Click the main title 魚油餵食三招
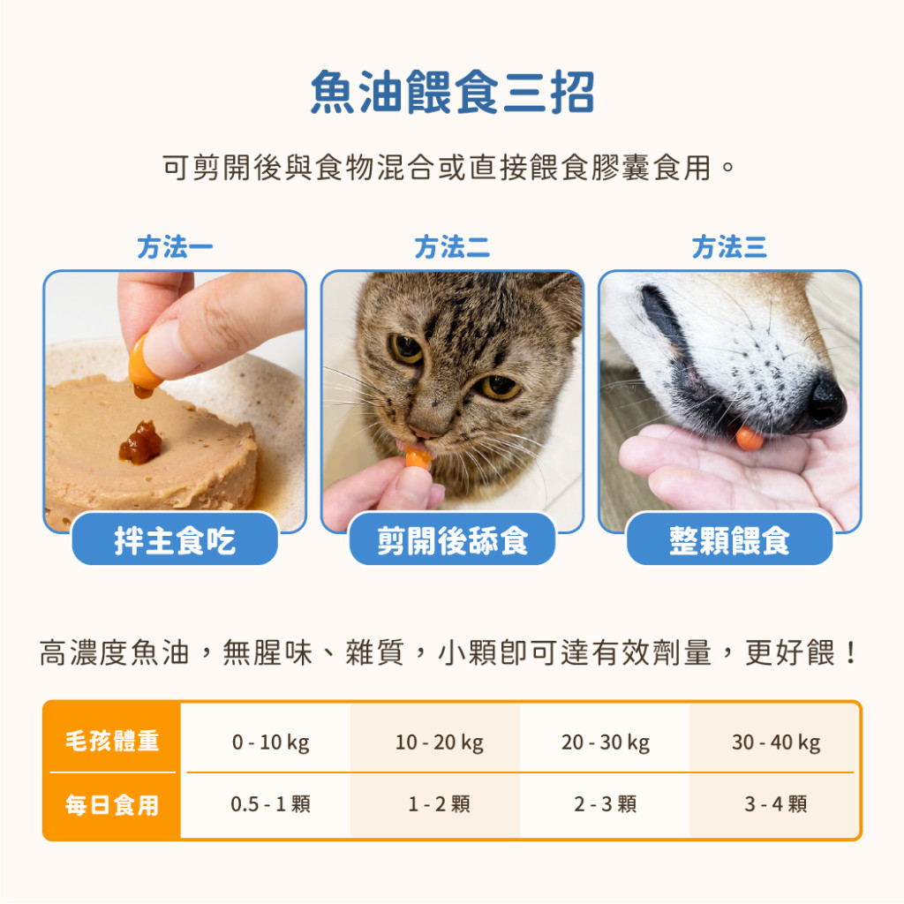(x=452, y=92)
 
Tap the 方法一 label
(x=175, y=247)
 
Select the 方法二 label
(x=452, y=247)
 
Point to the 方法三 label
(x=729, y=247)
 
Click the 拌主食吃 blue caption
(x=175, y=539)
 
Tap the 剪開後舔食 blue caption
(x=453, y=539)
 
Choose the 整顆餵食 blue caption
(x=729, y=539)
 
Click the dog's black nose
(x=825, y=402)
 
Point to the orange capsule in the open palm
(x=750, y=438)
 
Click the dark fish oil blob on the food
(x=140, y=442)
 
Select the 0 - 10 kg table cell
(x=270, y=742)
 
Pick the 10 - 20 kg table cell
(x=440, y=742)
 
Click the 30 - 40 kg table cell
(x=776, y=742)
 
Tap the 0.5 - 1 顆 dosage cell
(x=270, y=803)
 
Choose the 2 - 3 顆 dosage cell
(x=606, y=803)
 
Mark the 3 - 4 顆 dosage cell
(x=776, y=803)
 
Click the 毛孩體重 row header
(x=112, y=741)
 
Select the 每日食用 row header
(x=112, y=805)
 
